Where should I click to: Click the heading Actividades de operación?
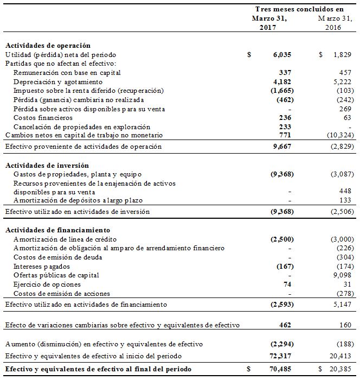coord(48,46)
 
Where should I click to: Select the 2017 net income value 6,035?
coord(282,55)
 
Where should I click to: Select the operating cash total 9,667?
coord(282,147)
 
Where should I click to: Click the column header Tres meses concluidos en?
coord(299,9)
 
